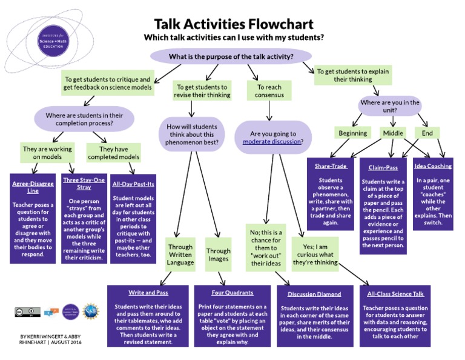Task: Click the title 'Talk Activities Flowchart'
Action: [x=233, y=24]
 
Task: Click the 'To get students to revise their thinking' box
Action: [x=201, y=91]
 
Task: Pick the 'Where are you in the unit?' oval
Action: [x=389, y=107]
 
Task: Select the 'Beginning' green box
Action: [x=352, y=133]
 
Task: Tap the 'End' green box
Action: [x=427, y=133]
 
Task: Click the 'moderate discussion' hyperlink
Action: [x=272, y=142]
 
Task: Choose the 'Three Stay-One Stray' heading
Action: [x=83, y=184]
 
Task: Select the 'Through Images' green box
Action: [x=218, y=255]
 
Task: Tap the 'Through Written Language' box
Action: [x=181, y=255]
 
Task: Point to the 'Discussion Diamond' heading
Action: [x=314, y=294]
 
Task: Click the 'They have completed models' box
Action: [x=114, y=153]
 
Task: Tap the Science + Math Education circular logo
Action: [x=53, y=43]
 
